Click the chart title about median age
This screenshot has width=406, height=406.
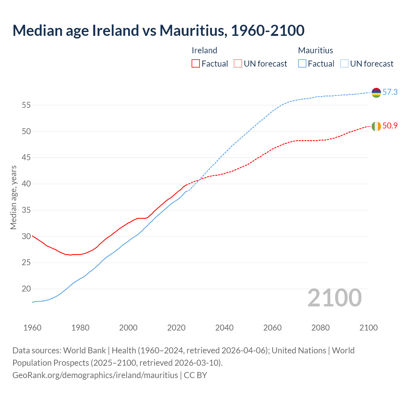pyautogui.click(x=158, y=30)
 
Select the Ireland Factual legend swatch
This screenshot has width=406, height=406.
pyautogui.click(x=196, y=63)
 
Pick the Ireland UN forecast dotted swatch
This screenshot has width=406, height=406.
pyautogui.click(x=238, y=63)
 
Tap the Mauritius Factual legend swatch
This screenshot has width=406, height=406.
pyautogui.click(x=302, y=63)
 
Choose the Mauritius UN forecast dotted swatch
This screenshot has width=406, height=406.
pyautogui.click(x=344, y=63)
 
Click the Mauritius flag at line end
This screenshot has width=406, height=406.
pyautogui.click(x=376, y=92)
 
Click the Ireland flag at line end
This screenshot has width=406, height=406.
pyautogui.click(x=376, y=126)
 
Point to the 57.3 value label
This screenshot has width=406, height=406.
pyautogui.click(x=390, y=92)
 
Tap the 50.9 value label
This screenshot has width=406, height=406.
pyautogui.click(x=390, y=126)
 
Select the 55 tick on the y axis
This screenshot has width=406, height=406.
pyautogui.click(x=26, y=105)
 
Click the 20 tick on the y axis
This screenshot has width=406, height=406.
pyautogui.click(x=26, y=289)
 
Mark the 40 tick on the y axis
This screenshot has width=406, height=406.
pyautogui.click(x=26, y=184)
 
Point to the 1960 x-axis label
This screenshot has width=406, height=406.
pyautogui.click(x=32, y=328)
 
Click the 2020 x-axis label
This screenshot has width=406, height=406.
pyautogui.click(x=176, y=328)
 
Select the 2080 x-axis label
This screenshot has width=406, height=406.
pyautogui.click(x=320, y=328)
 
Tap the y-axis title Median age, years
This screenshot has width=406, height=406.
pyautogui.click(x=13, y=197)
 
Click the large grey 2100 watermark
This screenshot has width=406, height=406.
pyautogui.click(x=334, y=298)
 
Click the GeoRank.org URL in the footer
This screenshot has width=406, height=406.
pyautogui.click(x=95, y=375)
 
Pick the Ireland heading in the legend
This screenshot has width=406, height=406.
pyautogui.click(x=204, y=50)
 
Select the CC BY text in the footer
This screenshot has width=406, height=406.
pyautogui.click(x=195, y=375)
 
